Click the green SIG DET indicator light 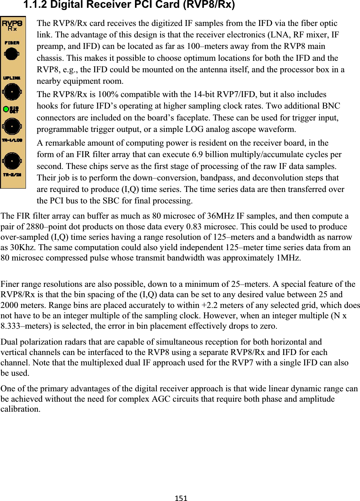[x=6, y=109]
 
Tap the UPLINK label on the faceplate [x=12, y=78]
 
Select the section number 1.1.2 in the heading [x=35, y=5]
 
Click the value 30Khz [x=22, y=248]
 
